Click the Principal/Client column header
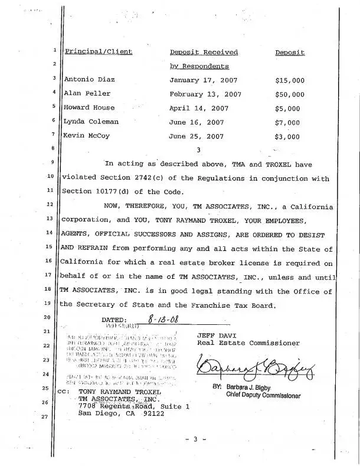[99, 52]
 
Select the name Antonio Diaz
[89, 79]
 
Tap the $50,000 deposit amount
[289, 94]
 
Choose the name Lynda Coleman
[91, 122]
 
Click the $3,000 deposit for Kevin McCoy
[287, 136]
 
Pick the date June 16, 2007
[197, 122]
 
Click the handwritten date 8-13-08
[164, 320]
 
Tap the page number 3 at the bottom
[194, 440]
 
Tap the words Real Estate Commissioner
[248, 343]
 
